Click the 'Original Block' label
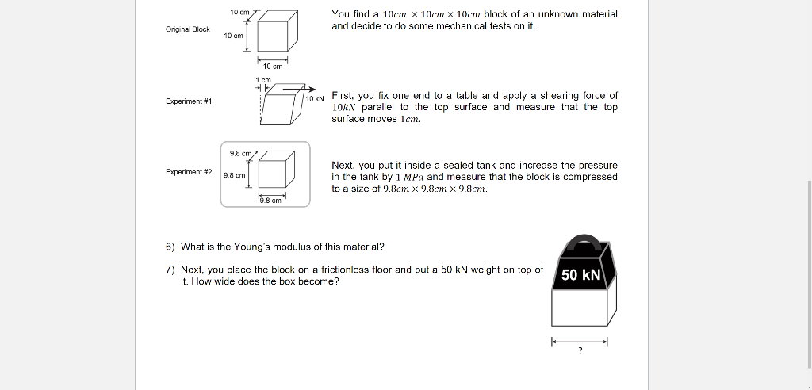point(187,29)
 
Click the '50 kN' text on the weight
point(580,275)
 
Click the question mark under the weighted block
point(580,352)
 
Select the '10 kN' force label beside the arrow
point(315,98)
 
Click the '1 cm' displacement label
point(263,80)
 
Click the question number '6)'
point(170,247)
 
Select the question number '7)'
point(170,270)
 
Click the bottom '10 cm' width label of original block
point(272,67)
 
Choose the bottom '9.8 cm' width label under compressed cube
point(270,200)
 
